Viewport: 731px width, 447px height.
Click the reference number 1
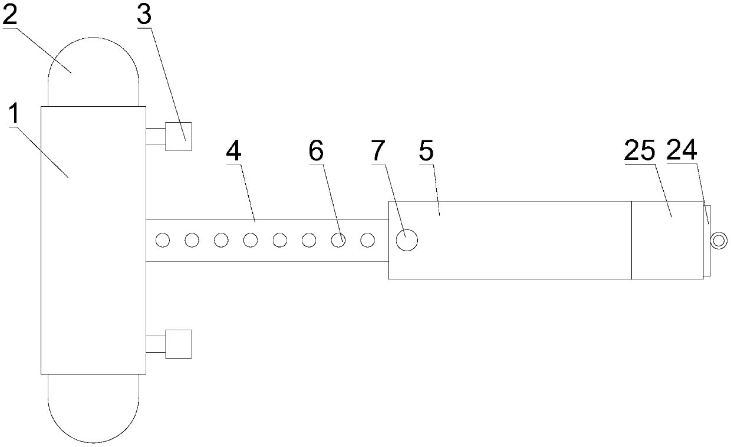(15, 117)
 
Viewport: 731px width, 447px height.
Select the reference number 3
(144, 16)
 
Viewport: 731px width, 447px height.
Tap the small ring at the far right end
(719, 240)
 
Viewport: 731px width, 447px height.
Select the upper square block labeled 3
(179, 136)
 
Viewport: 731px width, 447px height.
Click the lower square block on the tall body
(179, 344)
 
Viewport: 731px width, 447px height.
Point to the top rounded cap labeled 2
(93, 71)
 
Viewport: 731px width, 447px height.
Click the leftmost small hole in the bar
(163, 240)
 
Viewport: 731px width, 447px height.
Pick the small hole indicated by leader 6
(338, 240)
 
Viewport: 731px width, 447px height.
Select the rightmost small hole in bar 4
(367, 240)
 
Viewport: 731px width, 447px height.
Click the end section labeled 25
(667, 240)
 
